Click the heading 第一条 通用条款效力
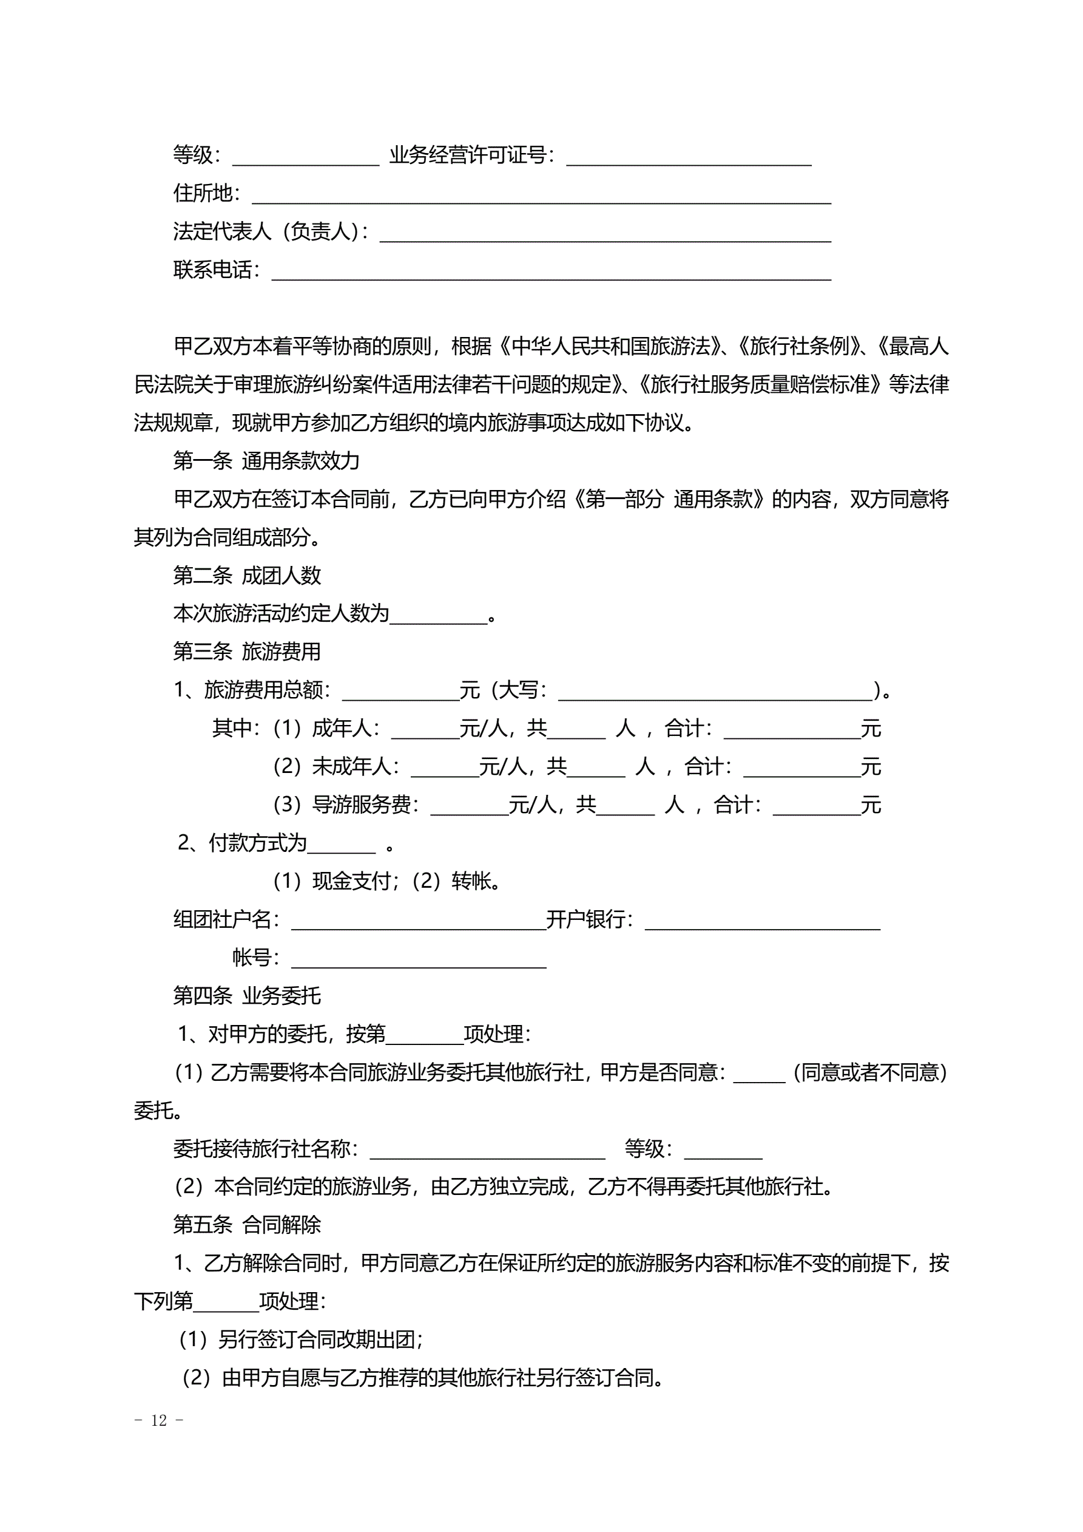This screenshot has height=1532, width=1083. coord(266,460)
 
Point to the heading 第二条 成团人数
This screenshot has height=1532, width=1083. coord(247,575)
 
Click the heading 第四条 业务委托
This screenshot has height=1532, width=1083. coord(247,996)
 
